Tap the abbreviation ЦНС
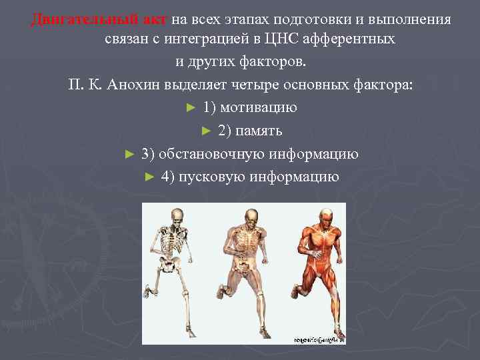248,39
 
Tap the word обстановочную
210,154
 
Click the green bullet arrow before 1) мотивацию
191,107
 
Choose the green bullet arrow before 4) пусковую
149,177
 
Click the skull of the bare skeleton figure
176,217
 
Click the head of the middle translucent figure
250,217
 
